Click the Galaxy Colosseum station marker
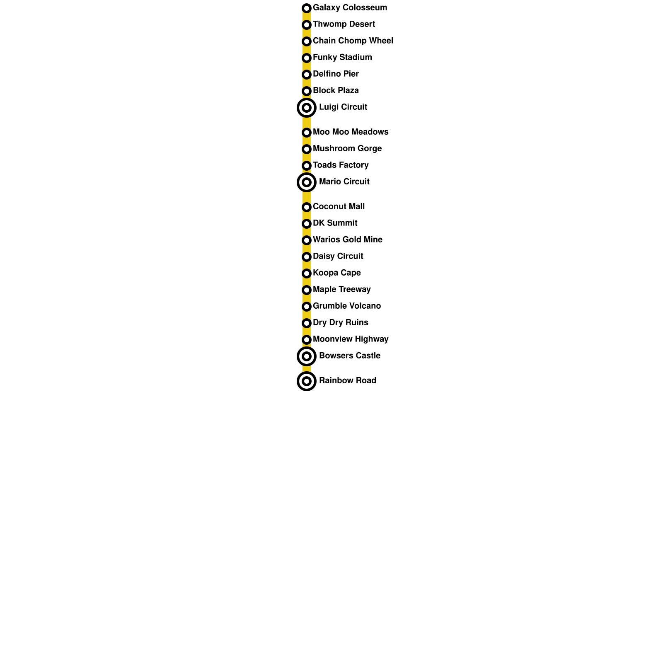[x=307, y=8]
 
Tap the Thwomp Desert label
[x=344, y=24]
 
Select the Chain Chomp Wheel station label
[x=353, y=41]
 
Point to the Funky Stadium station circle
[x=307, y=58]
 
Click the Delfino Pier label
[x=336, y=74]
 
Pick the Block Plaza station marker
[x=307, y=91]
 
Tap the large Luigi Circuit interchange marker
[x=307, y=108]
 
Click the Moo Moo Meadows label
[x=351, y=132]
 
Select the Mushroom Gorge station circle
[x=307, y=149]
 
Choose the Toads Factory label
[x=341, y=165]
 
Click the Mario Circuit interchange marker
[x=307, y=182]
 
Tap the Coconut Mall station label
[x=339, y=207]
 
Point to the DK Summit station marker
[x=307, y=224]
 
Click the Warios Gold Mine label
[x=347, y=240]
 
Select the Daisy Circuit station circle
[x=307, y=257]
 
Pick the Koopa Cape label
[x=336, y=273]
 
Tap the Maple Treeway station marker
[x=307, y=290]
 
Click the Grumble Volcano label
[x=346, y=306]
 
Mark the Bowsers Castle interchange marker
[x=307, y=356]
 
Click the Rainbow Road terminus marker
[x=307, y=381]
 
